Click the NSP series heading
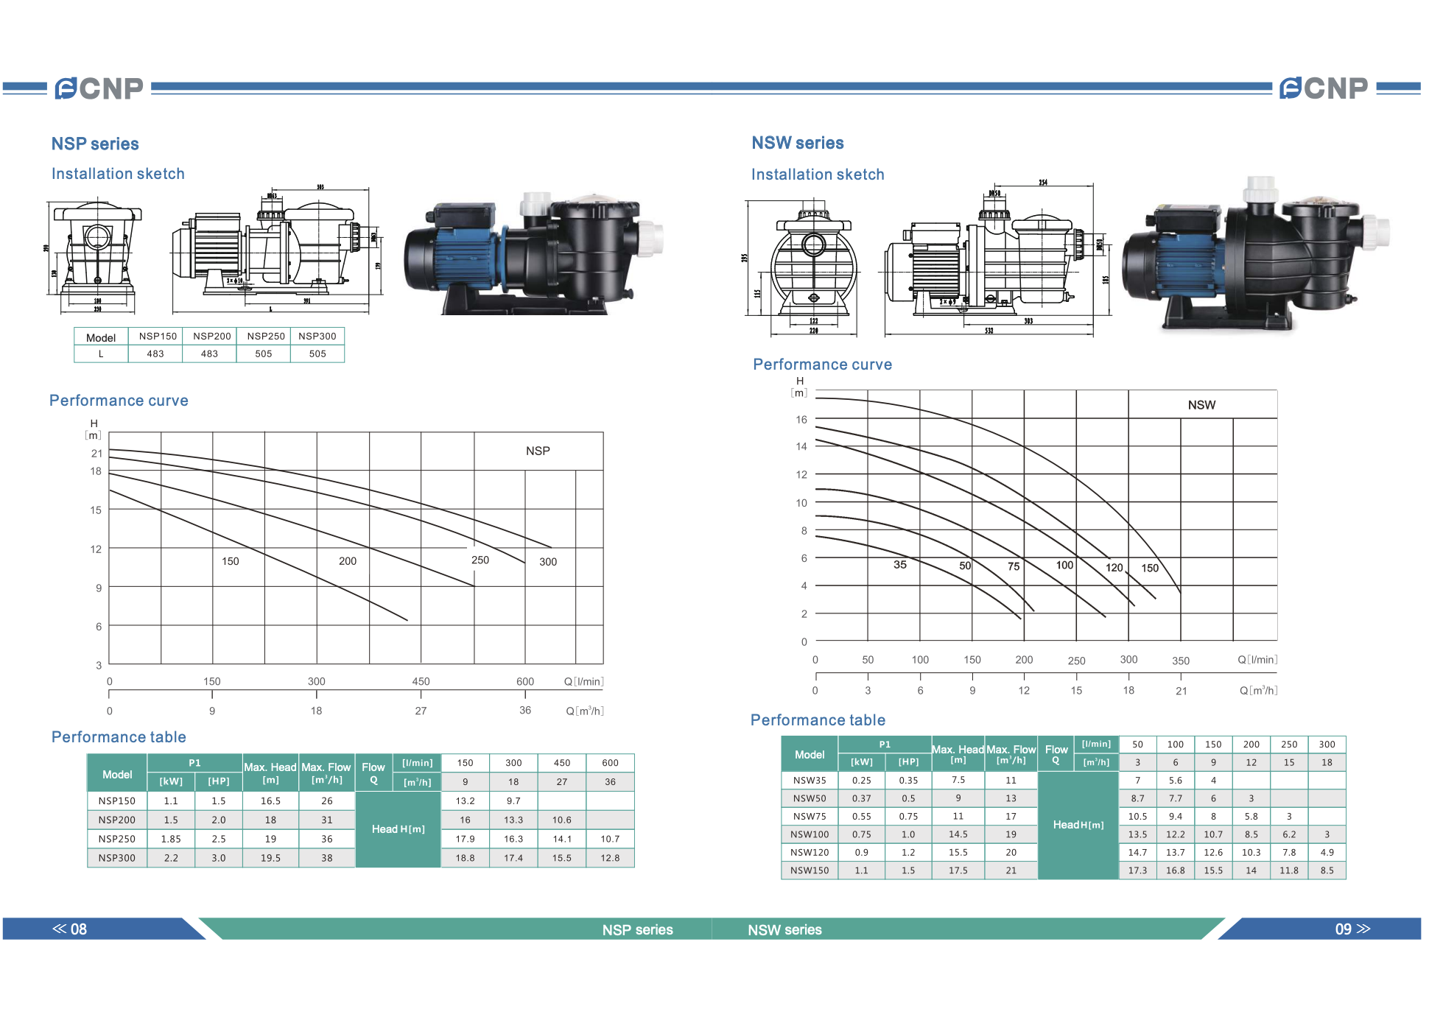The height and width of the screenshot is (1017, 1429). tap(95, 144)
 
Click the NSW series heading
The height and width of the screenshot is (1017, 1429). tap(797, 143)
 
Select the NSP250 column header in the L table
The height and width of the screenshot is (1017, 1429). tap(265, 336)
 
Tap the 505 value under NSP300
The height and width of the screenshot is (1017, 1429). tap(317, 353)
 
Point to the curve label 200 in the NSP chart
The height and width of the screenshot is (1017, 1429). tap(348, 561)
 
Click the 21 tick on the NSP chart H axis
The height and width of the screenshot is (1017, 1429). tap(96, 453)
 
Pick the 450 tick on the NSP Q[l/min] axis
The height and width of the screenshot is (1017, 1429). tap(421, 681)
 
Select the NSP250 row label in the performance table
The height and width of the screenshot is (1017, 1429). tap(117, 839)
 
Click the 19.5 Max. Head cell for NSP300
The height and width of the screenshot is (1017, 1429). tap(270, 858)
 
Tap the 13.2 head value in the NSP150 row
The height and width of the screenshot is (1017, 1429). tap(465, 800)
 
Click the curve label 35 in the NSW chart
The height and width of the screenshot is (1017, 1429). tap(900, 565)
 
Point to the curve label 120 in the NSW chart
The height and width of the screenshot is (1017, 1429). tap(1114, 567)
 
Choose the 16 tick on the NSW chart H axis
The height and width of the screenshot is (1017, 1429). tap(801, 420)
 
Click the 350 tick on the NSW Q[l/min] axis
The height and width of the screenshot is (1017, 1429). tap(1181, 661)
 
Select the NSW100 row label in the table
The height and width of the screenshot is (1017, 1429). tap(810, 834)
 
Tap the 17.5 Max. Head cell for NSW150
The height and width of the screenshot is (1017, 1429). tap(958, 870)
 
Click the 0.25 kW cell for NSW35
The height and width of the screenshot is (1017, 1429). tap(861, 780)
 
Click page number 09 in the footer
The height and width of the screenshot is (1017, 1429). tap(1344, 929)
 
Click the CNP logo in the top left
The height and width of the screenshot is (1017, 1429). tap(99, 88)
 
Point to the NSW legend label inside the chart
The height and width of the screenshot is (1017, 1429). tap(1201, 405)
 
